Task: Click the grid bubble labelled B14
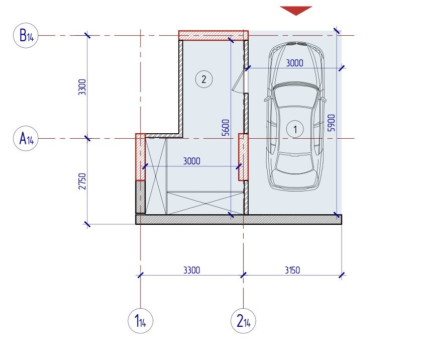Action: pyautogui.click(x=26, y=35)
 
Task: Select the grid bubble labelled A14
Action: pyautogui.click(x=26, y=138)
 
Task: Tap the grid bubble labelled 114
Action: pyautogui.click(x=141, y=321)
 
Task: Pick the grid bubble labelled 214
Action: pyautogui.click(x=243, y=321)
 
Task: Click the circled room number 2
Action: pyautogui.click(x=204, y=79)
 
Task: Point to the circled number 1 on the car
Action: pyautogui.click(x=295, y=129)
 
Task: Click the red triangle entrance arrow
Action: pyautogui.click(x=296, y=11)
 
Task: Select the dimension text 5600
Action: pyautogui.click(x=226, y=128)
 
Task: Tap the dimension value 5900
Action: pyautogui.click(x=332, y=123)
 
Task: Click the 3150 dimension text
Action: pyautogui.click(x=292, y=271)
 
